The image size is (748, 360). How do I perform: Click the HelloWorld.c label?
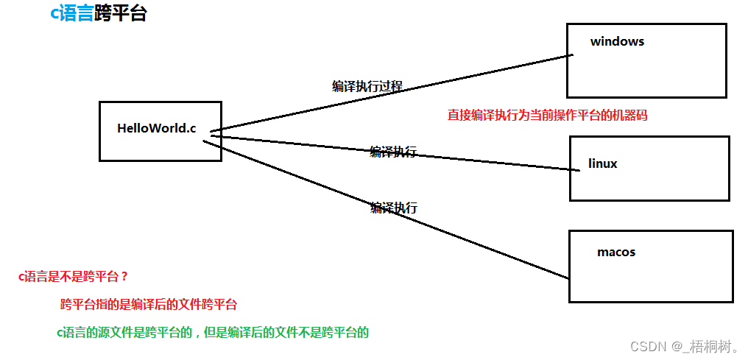[x=156, y=128]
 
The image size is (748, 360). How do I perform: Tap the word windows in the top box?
[x=617, y=42]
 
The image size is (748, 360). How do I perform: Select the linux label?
[x=603, y=163]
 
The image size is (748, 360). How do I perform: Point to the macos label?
[x=616, y=253]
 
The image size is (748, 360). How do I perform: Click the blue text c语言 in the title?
[x=71, y=13]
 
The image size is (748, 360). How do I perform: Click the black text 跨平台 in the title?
[x=120, y=13]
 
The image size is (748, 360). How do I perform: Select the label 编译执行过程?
[x=367, y=86]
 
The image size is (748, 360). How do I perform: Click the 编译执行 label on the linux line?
[x=393, y=152]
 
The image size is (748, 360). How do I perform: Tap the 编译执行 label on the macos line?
[x=393, y=208]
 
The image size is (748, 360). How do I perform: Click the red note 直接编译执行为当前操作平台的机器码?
[x=547, y=116]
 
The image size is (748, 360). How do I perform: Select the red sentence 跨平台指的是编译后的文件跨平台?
[x=148, y=304]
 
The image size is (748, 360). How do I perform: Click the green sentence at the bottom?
[x=212, y=332]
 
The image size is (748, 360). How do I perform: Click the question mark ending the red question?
[x=124, y=277]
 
